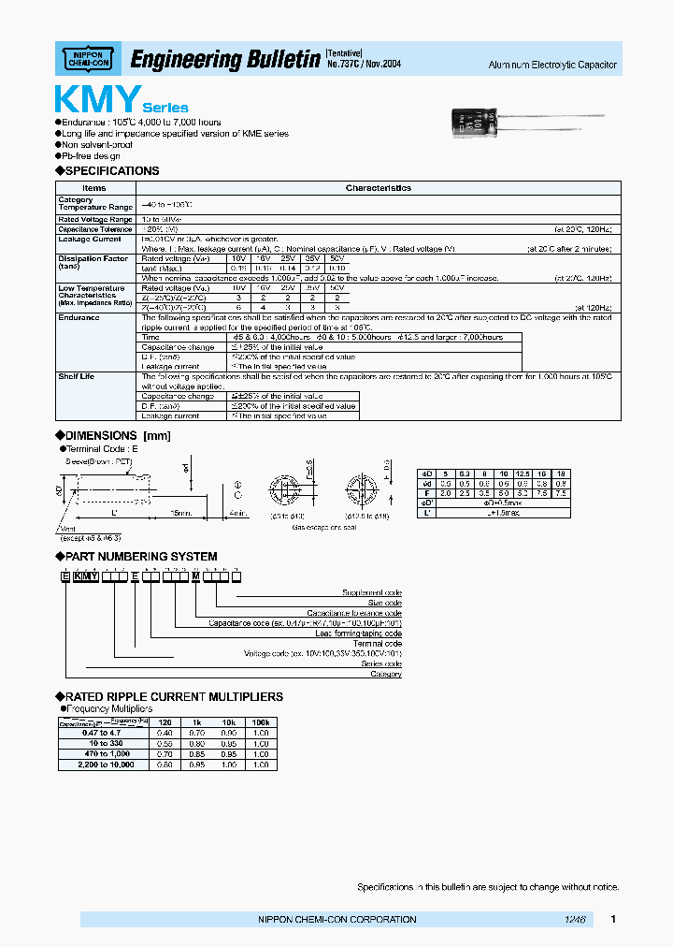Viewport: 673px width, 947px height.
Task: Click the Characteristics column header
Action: pos(378,188)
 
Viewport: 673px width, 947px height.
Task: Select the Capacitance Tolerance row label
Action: pos(94,228)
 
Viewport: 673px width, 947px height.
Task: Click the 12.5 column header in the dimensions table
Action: pos(523,473)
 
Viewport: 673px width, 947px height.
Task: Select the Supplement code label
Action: pos(371,592)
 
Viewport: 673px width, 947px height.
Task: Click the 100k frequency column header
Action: pos(261,723)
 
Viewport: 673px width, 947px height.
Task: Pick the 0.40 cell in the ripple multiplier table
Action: pos(165,733)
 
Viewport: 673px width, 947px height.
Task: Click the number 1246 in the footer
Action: pos(574,920)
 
